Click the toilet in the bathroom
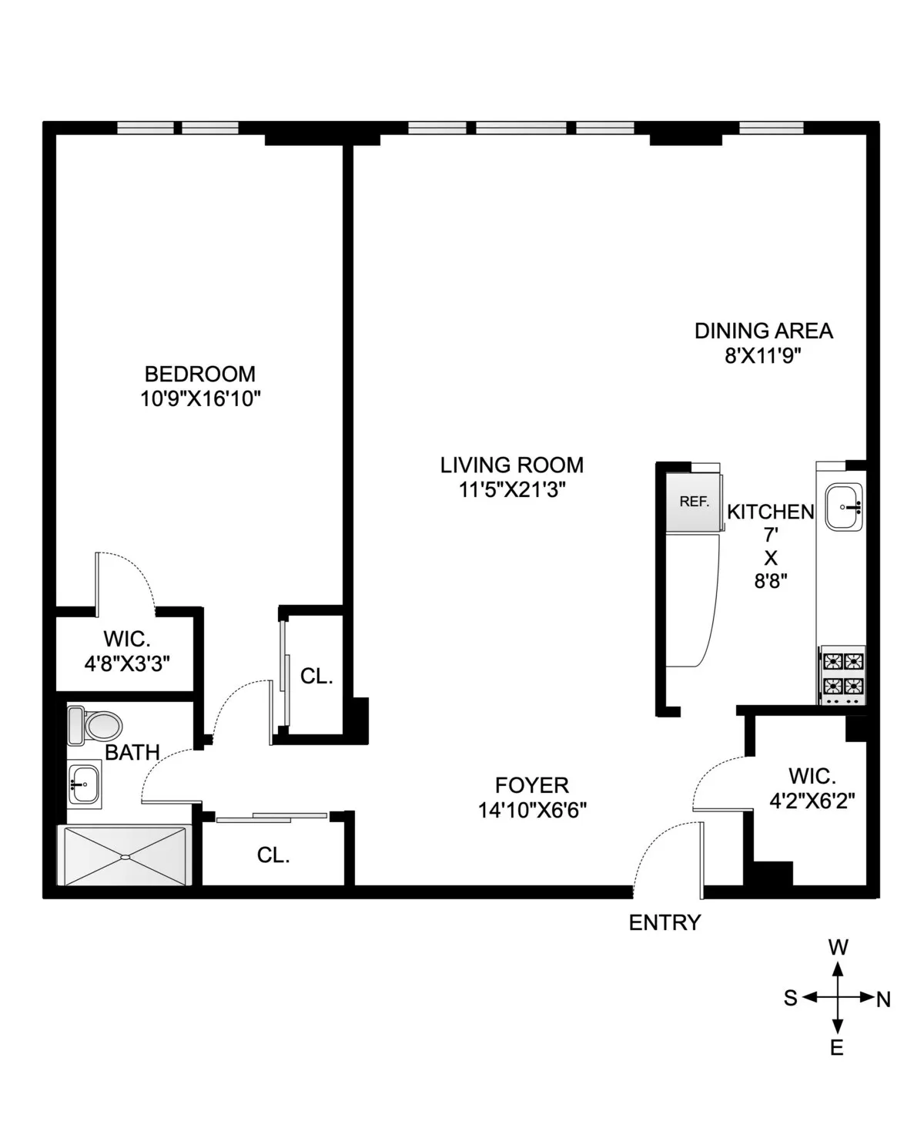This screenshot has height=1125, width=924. tap(95, 725)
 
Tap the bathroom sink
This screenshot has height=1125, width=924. tap(83, 784)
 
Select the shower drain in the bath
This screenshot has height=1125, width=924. tap(124, 856)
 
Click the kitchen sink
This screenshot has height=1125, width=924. tap(844, 507)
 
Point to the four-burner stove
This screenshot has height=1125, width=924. tap(843, 673)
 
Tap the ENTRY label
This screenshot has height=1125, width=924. tap(665, 922)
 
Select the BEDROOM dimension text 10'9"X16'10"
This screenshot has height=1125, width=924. tap(200, 398)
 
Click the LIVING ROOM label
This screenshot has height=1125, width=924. tap(512, 465)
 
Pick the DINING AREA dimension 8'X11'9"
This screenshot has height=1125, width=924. tap(764, 355)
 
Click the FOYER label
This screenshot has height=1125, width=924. tap(532, 785)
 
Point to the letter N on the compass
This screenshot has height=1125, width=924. tap(883, 1000)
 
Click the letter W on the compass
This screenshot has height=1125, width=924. tap(838, 947)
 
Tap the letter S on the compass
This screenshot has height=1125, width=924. tap(790, 999)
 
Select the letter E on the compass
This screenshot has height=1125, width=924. tap(837, 1048)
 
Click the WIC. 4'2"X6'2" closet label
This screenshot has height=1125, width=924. tap(812, 787)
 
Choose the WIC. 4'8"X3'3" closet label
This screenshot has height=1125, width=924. tap(127, 650)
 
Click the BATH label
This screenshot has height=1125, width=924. tap(132, 752)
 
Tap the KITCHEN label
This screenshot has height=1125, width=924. tap(770, 512)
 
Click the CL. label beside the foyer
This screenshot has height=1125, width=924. tap(273, 855)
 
